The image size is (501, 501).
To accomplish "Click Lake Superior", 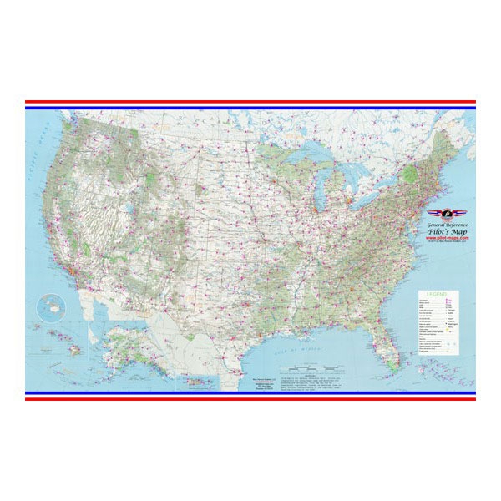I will [x=313, y=156].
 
